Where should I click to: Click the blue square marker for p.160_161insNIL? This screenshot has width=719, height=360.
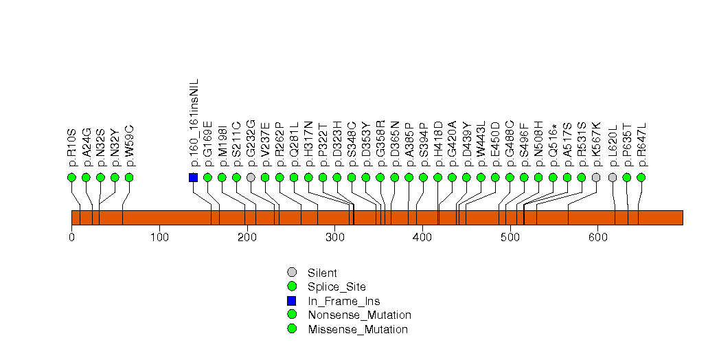click(193, 177)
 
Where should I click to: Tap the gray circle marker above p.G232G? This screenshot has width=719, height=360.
click(251, 177)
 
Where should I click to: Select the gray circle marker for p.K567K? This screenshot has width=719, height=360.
click(596, 177)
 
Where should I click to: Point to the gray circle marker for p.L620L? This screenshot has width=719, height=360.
click(613, 177)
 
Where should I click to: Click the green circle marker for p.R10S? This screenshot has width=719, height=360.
click(71, 177)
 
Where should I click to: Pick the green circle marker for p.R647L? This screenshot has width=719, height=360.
click(641, 177)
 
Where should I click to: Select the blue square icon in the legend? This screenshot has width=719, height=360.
click(292, 301)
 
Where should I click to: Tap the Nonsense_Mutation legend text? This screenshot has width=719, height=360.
click(360, 315)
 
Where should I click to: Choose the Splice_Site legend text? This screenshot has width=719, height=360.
click(337, 286)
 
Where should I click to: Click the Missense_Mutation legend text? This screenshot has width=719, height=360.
click(358, 329)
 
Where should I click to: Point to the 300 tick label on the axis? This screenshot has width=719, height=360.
click(334, 237)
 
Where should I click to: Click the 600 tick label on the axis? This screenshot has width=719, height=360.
click(597, 237)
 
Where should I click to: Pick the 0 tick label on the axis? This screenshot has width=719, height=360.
click(71, 237)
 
